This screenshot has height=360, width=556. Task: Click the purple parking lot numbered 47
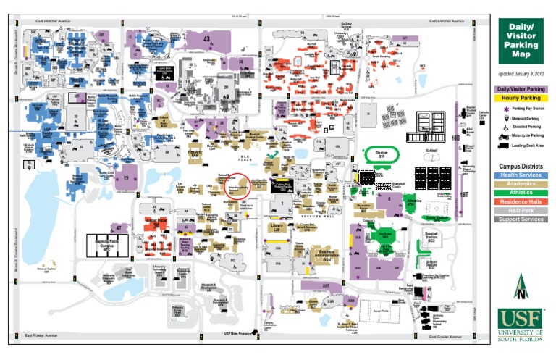(120, 227)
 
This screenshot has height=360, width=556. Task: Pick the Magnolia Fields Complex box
(108, 246)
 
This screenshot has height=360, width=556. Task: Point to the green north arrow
(521, 288)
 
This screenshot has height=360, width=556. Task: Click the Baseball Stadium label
(431, 238)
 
